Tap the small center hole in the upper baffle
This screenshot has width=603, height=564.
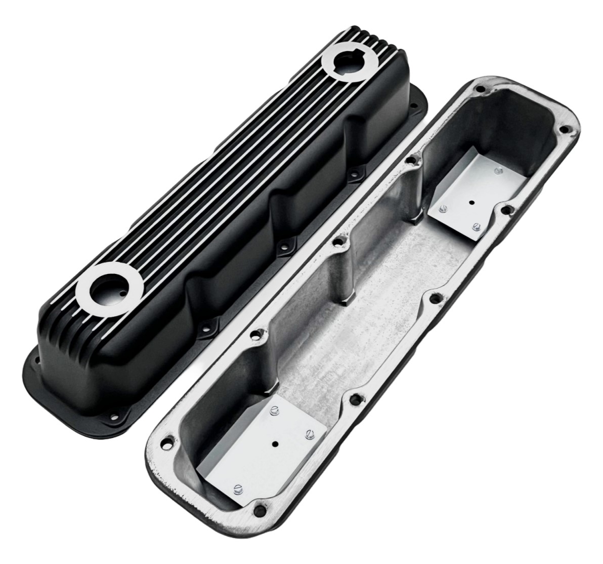470,202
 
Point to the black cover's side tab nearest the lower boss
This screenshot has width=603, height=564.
206,328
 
